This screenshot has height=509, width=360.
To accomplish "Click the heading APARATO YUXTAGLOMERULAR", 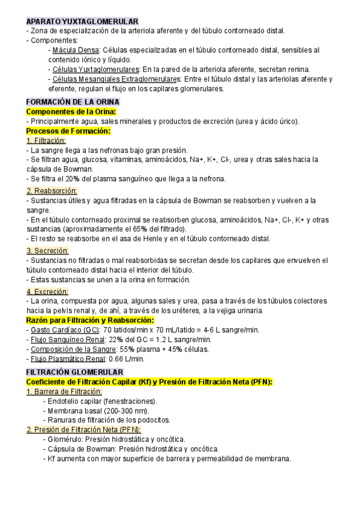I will click(82, 21).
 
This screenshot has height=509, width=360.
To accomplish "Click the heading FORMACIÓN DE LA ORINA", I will click(73, 102).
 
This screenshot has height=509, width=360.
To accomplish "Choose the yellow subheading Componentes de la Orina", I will click(71, 112).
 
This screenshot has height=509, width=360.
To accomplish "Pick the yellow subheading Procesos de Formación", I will click(69, 131).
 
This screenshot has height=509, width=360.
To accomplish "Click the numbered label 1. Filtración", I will click(46, 140).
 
